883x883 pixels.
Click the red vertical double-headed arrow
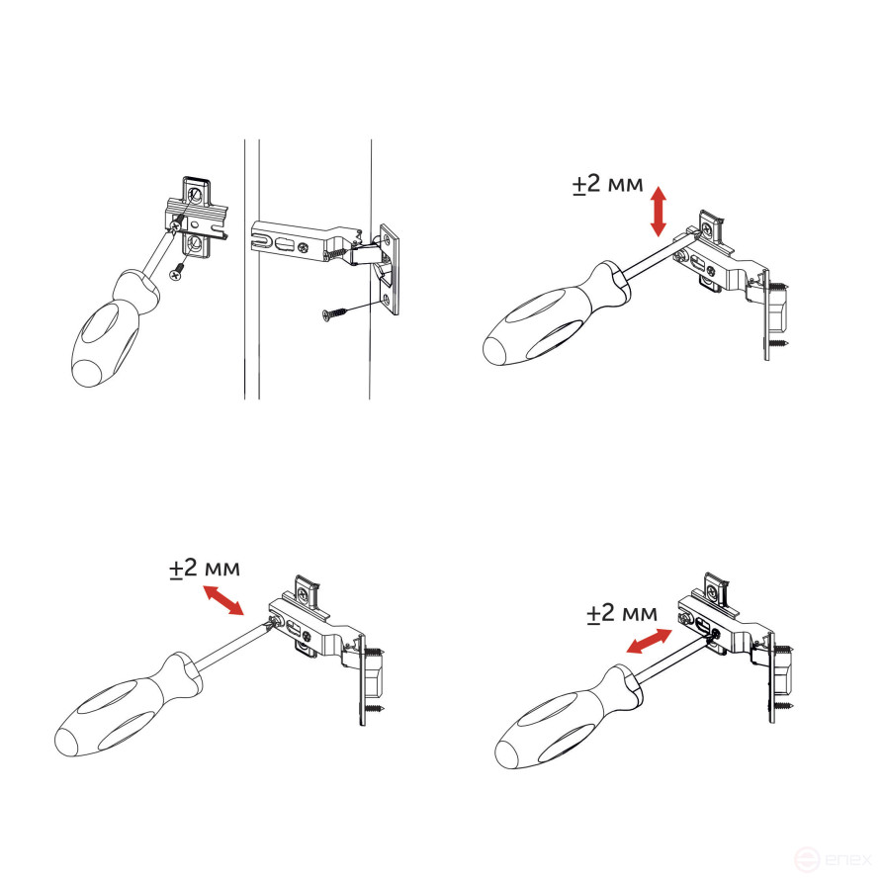click(x=659, y=213)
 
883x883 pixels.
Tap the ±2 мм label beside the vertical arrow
click(x=608, y=184)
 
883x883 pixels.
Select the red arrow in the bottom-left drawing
click(x=223, y=600)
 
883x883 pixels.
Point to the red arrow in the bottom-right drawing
click(x=650, y=641)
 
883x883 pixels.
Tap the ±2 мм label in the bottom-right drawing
click(x=622, y=613)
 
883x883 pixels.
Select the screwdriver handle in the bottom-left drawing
click(x=129, y=707)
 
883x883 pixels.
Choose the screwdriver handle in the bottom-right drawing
click(x=569, y=718)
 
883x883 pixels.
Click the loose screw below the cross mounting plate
click(x=179, y=273)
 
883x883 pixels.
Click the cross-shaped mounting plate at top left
click(x=197, y=221)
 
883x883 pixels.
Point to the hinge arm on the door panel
click(x=306, y=241)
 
